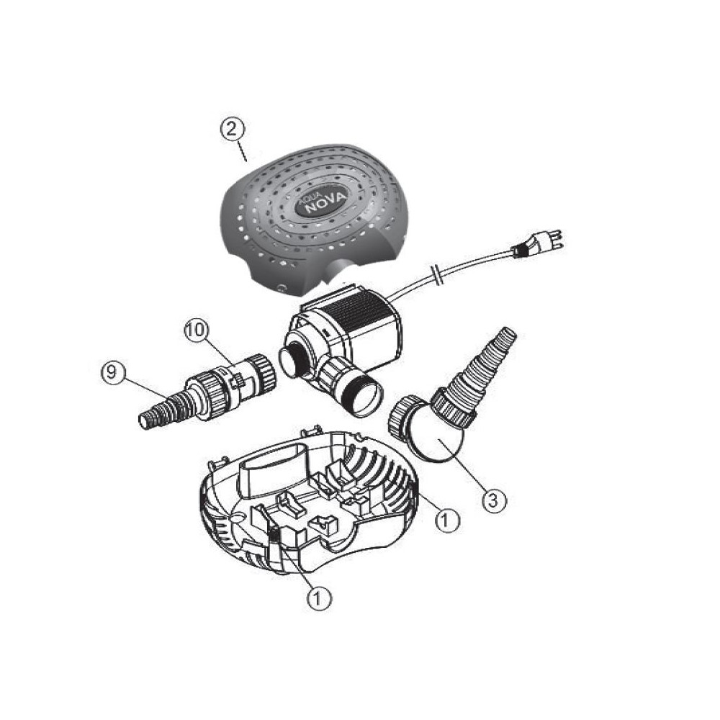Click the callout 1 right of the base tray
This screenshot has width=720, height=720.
click(x=447, y=521)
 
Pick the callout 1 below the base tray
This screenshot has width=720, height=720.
click(x=318, y=598)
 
